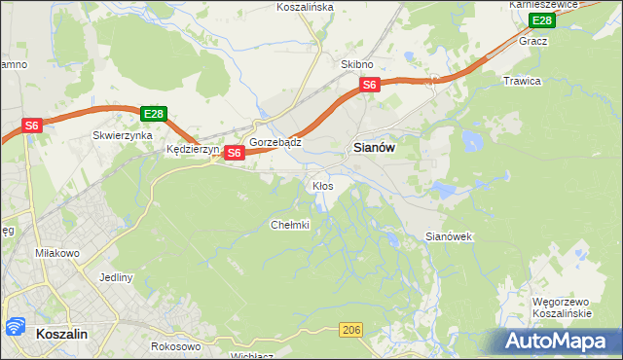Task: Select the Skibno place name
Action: (356, 64)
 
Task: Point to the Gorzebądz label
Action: (275, 142)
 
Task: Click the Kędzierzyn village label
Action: (193, 150)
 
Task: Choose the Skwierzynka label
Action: (122, 136)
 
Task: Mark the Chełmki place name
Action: (289, 225)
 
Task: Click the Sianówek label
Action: (449, 236)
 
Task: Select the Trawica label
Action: (521, 81)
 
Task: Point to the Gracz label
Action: (533, 42)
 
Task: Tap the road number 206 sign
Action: (351, 332)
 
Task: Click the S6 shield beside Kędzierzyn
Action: (234, 153)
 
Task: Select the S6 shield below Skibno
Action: (369, 86)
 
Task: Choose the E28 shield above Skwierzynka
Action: (152, 114)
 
